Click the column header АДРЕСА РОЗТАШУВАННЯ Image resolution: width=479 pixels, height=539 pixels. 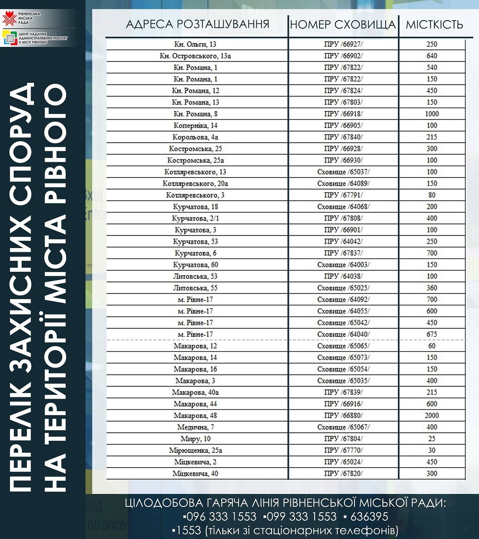(x=197, y=24)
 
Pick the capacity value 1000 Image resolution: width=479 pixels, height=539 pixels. (x=432, y=114)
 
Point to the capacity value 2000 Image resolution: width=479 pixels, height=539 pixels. (x=432, y=415)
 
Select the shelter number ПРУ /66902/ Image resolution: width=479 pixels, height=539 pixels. (x=343, y=56)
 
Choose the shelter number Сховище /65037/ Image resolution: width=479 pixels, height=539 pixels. (x=343, y=172)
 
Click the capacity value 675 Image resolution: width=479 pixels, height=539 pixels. (x=432, y=334)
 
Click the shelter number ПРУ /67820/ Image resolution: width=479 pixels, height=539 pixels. (x=343, y=473)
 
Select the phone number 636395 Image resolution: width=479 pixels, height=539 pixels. (x=369, y=517)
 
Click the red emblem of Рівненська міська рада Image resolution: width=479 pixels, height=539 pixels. (x=8, y=20)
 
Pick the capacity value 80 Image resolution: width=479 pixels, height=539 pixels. (x=432, y=195)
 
